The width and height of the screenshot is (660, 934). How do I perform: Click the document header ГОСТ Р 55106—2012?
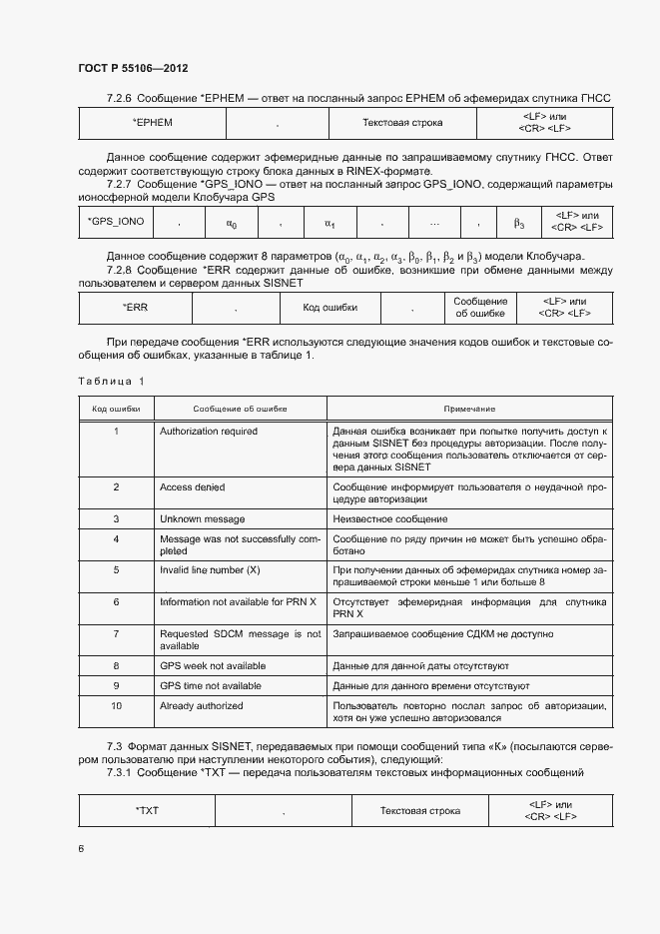[133, 68]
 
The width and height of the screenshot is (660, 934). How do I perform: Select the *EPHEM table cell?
[153, 122]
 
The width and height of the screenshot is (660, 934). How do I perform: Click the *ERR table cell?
[135, 307]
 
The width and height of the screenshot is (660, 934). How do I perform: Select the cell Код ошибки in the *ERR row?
[330, 307]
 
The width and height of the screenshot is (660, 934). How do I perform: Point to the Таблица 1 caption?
[110, 381]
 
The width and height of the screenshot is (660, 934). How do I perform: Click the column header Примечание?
[469, 409]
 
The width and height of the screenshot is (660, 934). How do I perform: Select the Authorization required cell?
[208, 432]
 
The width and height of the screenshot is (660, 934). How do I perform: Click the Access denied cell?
[192, 487]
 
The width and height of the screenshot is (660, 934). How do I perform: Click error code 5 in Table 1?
[116, 569]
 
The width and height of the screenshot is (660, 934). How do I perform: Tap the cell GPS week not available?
[212, 665]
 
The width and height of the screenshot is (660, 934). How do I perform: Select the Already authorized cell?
[201, 705]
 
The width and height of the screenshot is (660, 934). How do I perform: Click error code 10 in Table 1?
[116, 705]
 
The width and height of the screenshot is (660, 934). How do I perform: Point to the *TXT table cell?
[147, 810]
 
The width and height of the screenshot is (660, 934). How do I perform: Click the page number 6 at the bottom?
[81, 848]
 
